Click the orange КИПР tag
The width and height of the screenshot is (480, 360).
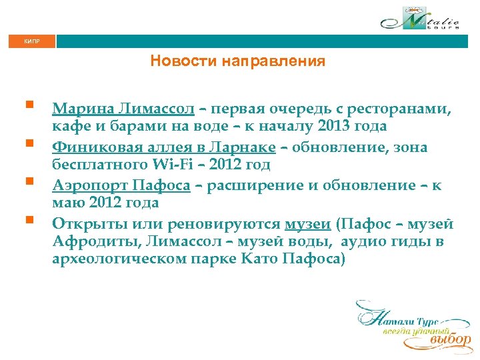[x=31, y=41]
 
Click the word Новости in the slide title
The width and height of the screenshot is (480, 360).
[x=178, y=62]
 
